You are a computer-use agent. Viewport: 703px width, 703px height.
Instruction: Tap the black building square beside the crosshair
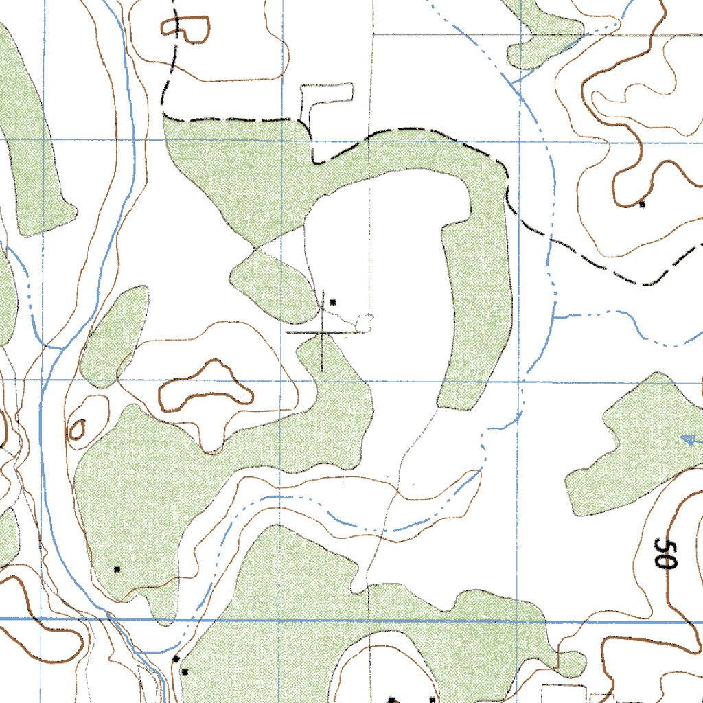333,301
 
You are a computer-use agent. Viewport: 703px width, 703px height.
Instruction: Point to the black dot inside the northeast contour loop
642,204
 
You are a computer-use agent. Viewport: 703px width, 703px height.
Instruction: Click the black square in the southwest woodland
117,569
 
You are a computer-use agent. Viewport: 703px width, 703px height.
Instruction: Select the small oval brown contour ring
78,430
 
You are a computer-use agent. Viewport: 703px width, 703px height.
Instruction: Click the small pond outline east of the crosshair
364,321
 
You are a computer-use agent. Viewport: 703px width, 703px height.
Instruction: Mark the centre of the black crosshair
322,332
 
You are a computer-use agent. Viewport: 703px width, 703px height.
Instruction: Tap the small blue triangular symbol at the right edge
689,439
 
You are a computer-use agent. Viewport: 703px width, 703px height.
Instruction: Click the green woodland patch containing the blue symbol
638,446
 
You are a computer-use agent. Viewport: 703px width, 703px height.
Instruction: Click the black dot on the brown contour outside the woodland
176,659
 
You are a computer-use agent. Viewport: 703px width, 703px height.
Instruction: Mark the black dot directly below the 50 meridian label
391,700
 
